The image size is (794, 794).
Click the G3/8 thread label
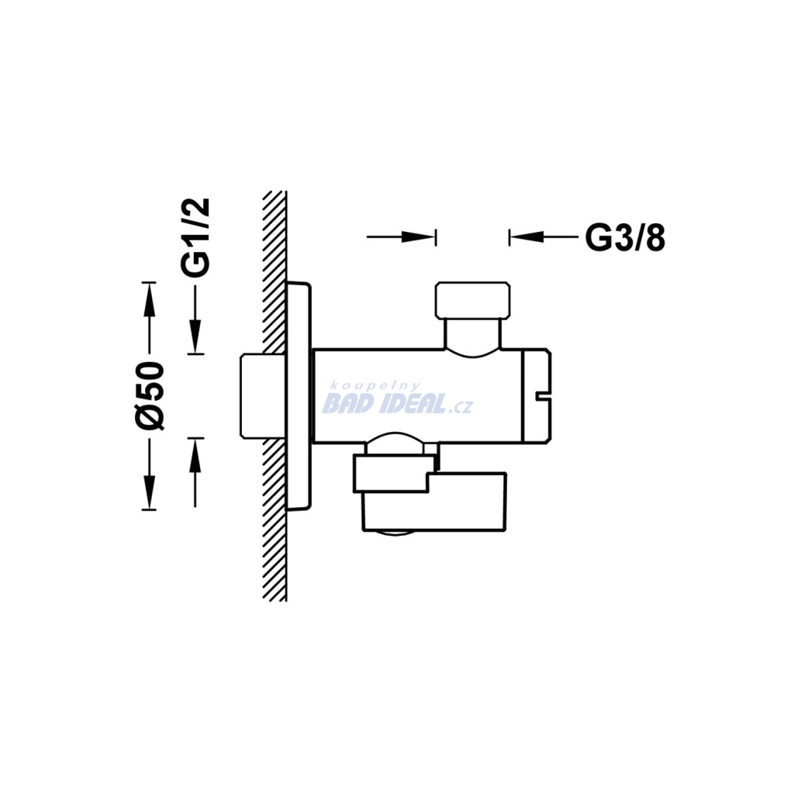point(625,237)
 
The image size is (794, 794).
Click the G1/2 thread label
point(195,237)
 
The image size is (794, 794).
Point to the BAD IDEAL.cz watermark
point(398,404)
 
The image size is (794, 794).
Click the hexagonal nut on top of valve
point(473,300)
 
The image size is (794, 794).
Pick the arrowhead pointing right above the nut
point(419,236)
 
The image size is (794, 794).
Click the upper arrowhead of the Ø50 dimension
point(148,299)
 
